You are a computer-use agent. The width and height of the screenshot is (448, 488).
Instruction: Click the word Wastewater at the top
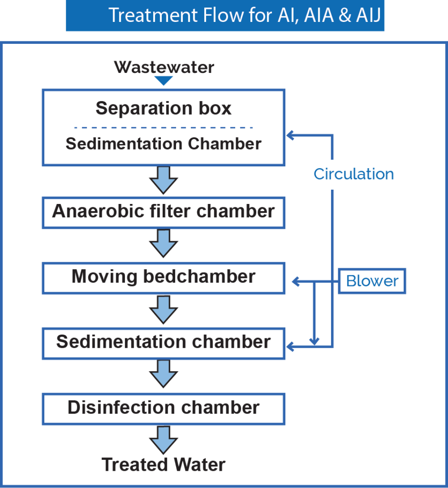pos(164,67)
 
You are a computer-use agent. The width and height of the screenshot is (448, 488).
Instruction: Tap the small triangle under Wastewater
pos(164,81)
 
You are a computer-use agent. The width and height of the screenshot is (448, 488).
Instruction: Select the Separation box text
pos(164,108)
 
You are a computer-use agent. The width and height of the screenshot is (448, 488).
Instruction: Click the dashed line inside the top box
pos(164,128)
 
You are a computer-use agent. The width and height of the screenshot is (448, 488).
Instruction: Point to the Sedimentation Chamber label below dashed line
pos(164,143)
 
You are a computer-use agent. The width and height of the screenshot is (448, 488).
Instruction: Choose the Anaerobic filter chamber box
pos(164,211)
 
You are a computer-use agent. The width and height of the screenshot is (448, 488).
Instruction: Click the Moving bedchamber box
pos(164,277)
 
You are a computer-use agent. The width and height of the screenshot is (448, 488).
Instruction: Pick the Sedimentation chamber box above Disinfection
pos(164,342)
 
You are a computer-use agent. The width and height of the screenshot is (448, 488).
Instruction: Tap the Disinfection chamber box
pos(164,408)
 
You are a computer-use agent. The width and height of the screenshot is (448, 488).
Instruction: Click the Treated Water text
pos(164,464)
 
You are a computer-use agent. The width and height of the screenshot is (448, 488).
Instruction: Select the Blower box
pos(372,281)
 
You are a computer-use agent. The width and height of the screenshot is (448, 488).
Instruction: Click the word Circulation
pos(354,174)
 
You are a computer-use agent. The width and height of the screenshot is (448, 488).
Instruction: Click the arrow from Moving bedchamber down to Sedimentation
pos(164,309)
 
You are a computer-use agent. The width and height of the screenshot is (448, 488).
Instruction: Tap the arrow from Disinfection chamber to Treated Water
pos(164,440)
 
